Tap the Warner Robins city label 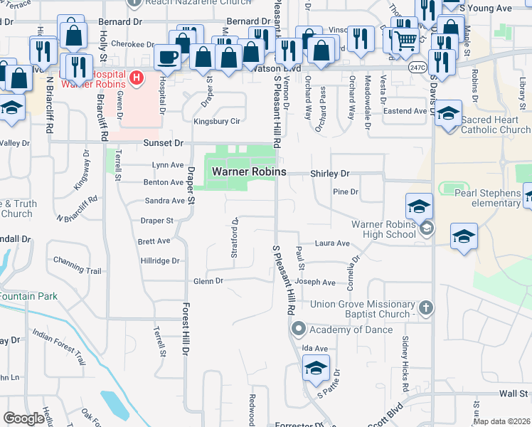[249, 172]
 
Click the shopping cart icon [405, 42]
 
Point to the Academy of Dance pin [298, 330]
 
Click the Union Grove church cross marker [425, 308]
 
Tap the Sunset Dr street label [164, 142]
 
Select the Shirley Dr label [329, 174]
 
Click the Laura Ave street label [332, 243]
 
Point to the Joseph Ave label [315, 283]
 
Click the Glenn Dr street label [208, 281]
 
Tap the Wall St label [512, 393]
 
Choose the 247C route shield [418, 68]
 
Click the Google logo [23, 418]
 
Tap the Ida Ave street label [314, 348]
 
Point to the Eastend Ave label [405, 111]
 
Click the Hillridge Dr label [159, 261]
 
